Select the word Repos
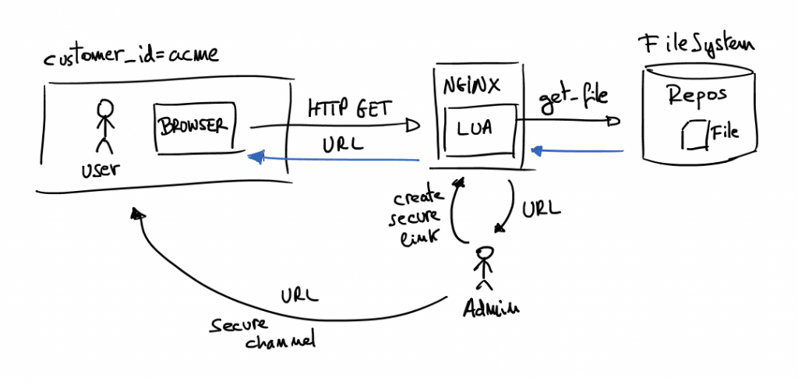click(x=697, y=95)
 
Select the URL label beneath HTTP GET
click(x=341, y=145)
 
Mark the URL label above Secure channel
click(x=300, y=296)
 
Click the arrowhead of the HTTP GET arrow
click(x=414, y=125)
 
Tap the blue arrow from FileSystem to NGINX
click(x=577, y=150)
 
